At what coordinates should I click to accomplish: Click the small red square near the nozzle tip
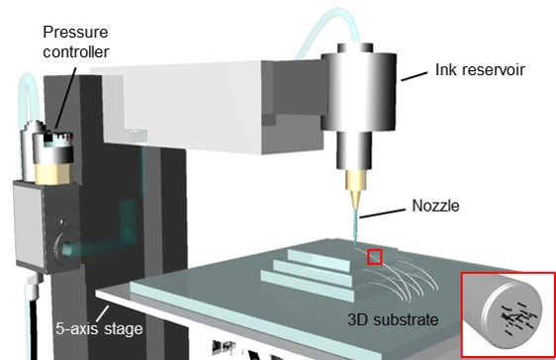pyautogui.click(x=374, y=257)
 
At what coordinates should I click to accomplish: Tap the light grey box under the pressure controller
pyautogui.click(x=36, y=222)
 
